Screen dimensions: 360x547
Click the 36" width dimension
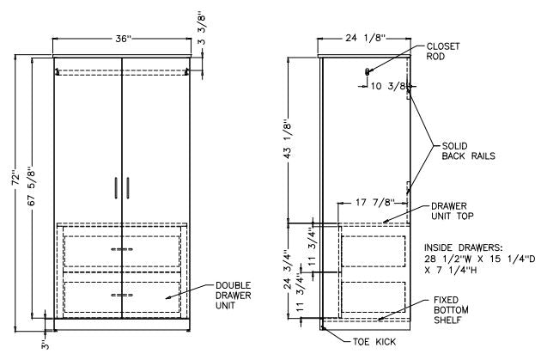point(123,39)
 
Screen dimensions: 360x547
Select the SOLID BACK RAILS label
point(468,150)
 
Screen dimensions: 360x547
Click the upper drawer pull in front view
point(122,250)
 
